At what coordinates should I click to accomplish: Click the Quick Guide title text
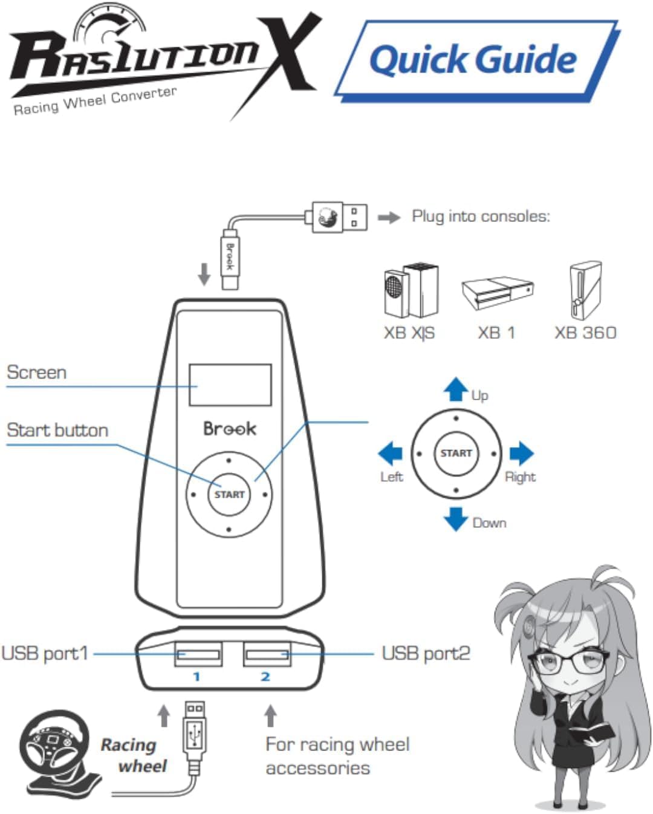[x=473, y=59]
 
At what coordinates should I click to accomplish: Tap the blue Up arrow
[x=456, y=389]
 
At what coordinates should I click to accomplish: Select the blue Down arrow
[x=456, y=518]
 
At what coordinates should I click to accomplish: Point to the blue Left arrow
[x=391, y=453]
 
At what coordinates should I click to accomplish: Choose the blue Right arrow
[x=521, y=453]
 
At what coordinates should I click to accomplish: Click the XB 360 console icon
[x=585, y=291]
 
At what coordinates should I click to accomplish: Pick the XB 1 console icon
[x=498, y=293]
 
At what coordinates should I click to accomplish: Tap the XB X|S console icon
[x=411, y=290]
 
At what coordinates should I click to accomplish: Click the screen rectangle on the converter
[x=230, y=385]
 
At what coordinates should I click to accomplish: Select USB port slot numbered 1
[x=198, y=654]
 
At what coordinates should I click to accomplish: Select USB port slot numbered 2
[x=267, y=654]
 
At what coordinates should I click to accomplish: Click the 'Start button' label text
[x=57, y=430]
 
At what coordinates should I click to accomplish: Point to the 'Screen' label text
[x=36, y=372]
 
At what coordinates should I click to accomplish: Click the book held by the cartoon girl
[x=590, y=732]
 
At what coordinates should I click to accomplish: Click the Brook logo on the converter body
[x=230, y=429]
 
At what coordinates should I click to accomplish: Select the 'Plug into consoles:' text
[x=481, y=217]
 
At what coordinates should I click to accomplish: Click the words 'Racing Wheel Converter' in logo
[x=95, y=101]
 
